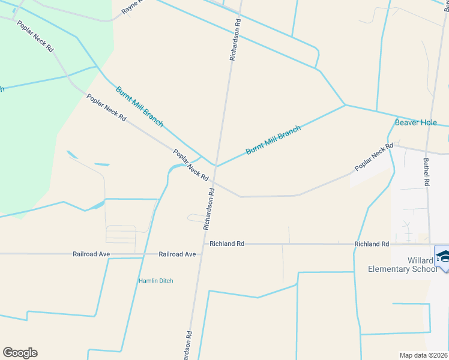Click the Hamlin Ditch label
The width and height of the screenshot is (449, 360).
tap(155, 281)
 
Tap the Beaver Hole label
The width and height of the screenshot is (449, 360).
tap(416, 122)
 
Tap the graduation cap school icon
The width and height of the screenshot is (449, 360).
tap(443, 256)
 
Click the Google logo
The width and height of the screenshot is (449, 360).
tap(20, 353)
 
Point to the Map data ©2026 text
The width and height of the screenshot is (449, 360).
tap(424, 355)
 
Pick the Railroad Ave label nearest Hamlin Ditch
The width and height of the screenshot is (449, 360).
tap(177, 254)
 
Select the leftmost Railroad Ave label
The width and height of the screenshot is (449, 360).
tap(91, 254)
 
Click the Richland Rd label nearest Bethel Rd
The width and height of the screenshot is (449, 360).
tap(372, 244)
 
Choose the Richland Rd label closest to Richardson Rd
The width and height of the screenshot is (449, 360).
tap(228, 244)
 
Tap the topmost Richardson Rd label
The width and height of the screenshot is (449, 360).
tap(235, 40)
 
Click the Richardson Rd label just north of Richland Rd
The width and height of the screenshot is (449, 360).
tap(208, 208)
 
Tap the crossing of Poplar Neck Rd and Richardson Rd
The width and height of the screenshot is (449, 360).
tap(214, 182)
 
